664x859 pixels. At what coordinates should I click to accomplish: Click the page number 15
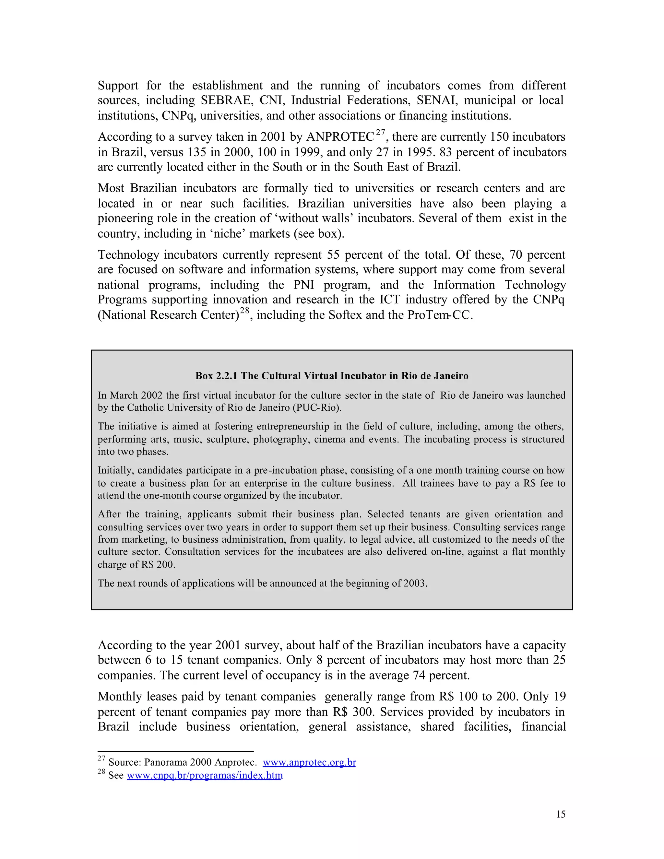pyautogui.click(x=561, y=814)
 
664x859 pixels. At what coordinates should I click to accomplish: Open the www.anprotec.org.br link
pyautogui.click(x=309, y=762)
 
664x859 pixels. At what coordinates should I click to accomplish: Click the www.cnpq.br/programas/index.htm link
pyautogui.click(x=205, y=775)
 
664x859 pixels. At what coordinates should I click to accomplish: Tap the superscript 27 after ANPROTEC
pyautogui.click(x=380, y=133)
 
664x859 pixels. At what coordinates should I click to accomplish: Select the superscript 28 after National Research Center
pyautogui.click(x=245, y=310)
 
